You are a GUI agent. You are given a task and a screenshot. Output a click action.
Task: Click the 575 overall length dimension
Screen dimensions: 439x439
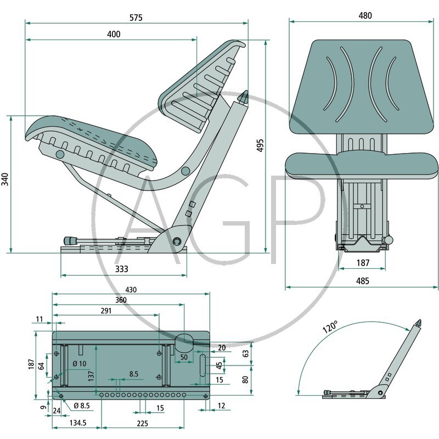pos(136,18)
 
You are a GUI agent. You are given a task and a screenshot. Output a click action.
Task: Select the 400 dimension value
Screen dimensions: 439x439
pos(114,34)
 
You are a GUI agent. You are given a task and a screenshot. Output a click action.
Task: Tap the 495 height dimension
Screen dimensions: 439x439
pos(260,145)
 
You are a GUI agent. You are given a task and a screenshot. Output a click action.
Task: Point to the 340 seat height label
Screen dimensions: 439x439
pos(5,179)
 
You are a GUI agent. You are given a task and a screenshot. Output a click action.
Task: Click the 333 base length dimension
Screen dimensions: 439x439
pos(121,269)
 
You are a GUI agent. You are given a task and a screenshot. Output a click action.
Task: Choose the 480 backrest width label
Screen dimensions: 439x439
pos(365,15)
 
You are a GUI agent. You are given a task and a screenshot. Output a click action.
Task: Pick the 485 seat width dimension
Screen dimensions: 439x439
pos(363,281)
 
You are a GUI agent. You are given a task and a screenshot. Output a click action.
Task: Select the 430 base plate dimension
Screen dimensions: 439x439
pos(131,290)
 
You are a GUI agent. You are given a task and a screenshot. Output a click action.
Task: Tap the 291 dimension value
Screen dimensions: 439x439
pos(106,311)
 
